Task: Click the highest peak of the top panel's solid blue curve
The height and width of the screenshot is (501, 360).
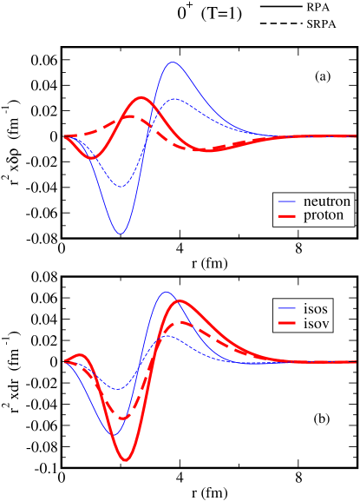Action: tap(173, 63)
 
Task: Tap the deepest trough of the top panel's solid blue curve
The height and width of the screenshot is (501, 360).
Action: tap(121, 234)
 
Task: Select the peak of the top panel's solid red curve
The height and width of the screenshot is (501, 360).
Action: tap(141, 97)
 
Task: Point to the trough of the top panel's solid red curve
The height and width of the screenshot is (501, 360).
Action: tap(93, 158)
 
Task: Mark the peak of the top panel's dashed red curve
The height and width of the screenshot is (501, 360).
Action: tap(129, 115)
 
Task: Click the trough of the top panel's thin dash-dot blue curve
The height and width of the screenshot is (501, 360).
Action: tap(120, 187)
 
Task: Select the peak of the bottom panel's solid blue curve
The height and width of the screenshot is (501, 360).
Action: tap(166, 293)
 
